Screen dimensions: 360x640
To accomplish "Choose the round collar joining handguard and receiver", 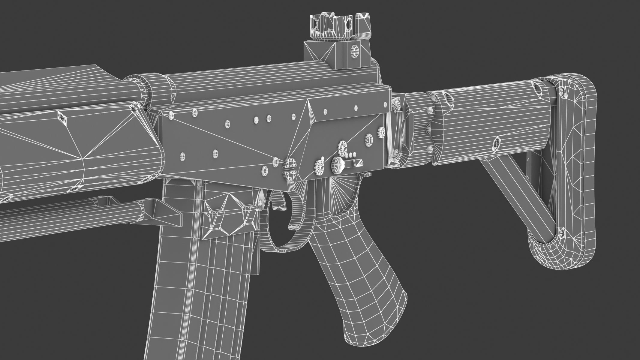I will click(159, 88).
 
